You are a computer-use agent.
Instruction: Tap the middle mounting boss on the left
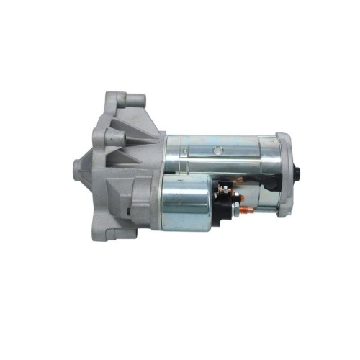coord(108,135)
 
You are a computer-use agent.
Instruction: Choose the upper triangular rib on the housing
coord(130,130)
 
